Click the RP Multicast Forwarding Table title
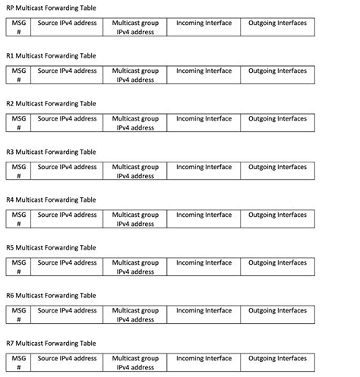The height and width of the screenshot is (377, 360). (x=51, y=8)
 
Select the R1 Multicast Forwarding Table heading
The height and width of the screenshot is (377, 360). (x=51, y=55)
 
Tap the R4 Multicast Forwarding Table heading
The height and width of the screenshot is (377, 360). (x=51, y=199)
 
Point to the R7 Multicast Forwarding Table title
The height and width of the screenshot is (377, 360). (x=51, y=344)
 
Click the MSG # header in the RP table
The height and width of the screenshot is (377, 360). (x=19, y=28)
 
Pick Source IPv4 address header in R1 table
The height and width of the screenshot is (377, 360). (x=68, y=71)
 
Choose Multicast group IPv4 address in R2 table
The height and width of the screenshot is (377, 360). (x=135, y=123)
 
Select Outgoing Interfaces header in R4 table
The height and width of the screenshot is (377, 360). (x=277, y=215)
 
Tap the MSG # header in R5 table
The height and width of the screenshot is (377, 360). (x=19, y=267)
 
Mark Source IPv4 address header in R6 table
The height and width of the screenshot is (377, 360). (x=68, y=311)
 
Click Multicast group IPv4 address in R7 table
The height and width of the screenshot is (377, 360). (x=135, y=363)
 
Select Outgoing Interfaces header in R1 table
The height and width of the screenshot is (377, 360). (x=277, y=71)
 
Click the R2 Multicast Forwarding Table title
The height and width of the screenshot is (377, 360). (x=51, y=103)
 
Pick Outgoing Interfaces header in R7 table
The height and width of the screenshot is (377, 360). (x=277, y=358)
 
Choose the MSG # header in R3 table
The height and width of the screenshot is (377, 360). (x=19, y=171)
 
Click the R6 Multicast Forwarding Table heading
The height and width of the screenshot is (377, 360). (x=51, y=295)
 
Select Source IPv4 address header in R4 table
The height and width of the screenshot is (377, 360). (x=68, y=215)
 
